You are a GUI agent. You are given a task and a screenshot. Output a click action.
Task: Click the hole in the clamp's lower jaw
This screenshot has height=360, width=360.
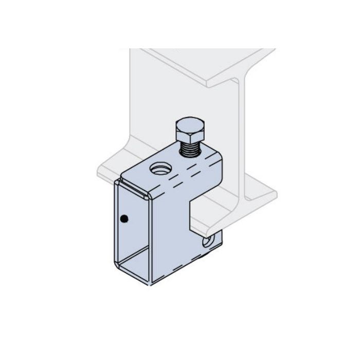tap(208, 241)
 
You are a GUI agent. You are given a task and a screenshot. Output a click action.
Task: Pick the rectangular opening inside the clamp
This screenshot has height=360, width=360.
tap(133, 226)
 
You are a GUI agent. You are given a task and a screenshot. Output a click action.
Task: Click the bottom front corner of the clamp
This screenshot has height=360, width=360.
tap(152, 282)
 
